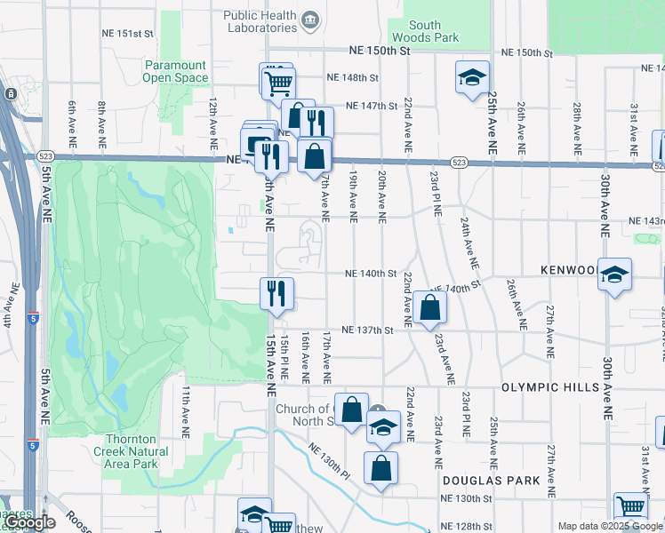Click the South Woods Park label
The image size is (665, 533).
pos(435,31)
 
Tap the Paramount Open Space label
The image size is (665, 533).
pos(175,71)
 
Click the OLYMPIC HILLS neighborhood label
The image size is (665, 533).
pos(556,388)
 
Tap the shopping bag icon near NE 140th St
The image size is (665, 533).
pos(429,307)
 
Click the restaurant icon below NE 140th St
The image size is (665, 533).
pos(276,293)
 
